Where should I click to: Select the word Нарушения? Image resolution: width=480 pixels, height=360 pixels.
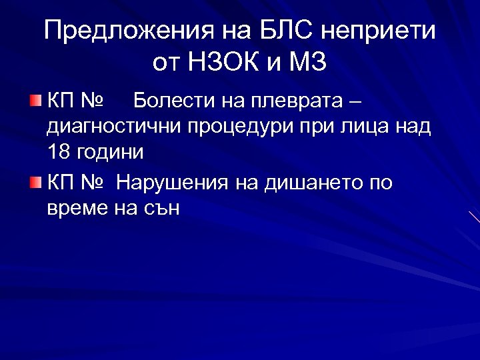(173, 182)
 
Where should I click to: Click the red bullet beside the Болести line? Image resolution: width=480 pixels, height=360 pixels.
(35, 101)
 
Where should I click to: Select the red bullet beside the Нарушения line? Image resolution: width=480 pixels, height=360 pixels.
(35, 182)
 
